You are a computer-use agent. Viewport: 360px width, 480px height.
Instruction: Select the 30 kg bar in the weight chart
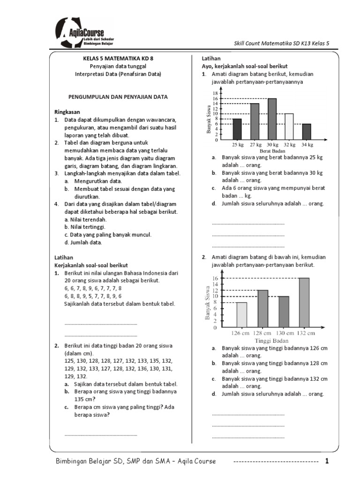272,119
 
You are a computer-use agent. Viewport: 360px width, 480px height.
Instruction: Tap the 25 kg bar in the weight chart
237,129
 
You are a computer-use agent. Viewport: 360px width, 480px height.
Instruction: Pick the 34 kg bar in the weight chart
307,132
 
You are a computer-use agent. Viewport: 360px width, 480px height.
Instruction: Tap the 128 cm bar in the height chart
262,309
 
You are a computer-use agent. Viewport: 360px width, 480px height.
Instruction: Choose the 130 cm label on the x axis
283,333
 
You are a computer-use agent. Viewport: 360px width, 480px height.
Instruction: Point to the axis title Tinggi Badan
271,341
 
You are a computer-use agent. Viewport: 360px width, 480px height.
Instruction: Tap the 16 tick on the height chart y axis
215,278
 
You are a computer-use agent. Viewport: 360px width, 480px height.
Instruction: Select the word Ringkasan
67,112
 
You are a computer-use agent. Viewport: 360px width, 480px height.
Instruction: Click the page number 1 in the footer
327,461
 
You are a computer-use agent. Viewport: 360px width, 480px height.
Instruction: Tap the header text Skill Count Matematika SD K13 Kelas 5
282,43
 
